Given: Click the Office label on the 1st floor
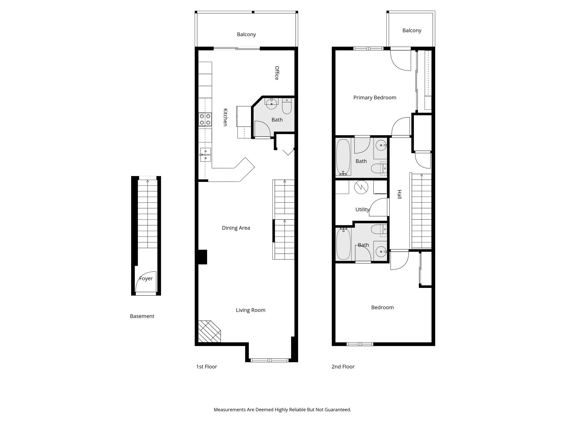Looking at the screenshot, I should click(277, 73).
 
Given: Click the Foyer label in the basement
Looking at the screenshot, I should click(146, 279).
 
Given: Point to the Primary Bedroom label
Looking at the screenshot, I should click(375, 97).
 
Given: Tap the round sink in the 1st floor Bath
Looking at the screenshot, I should click(271, 104).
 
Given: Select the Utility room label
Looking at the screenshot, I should click(362, 210).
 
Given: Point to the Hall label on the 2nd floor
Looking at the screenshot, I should click(399, 194).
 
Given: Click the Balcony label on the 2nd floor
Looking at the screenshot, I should click(412, 30).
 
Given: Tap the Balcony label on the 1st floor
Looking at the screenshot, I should click(246, 35).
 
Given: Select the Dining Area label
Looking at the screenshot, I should click(236, 228).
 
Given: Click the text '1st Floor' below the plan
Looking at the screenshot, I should click(206, 367).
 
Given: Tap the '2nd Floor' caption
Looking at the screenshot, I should click(343, 367).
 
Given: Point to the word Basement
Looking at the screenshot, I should click(142, 316).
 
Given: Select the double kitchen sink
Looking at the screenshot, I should click(206, 155).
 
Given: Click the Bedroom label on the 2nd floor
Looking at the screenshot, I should click(382, 308).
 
